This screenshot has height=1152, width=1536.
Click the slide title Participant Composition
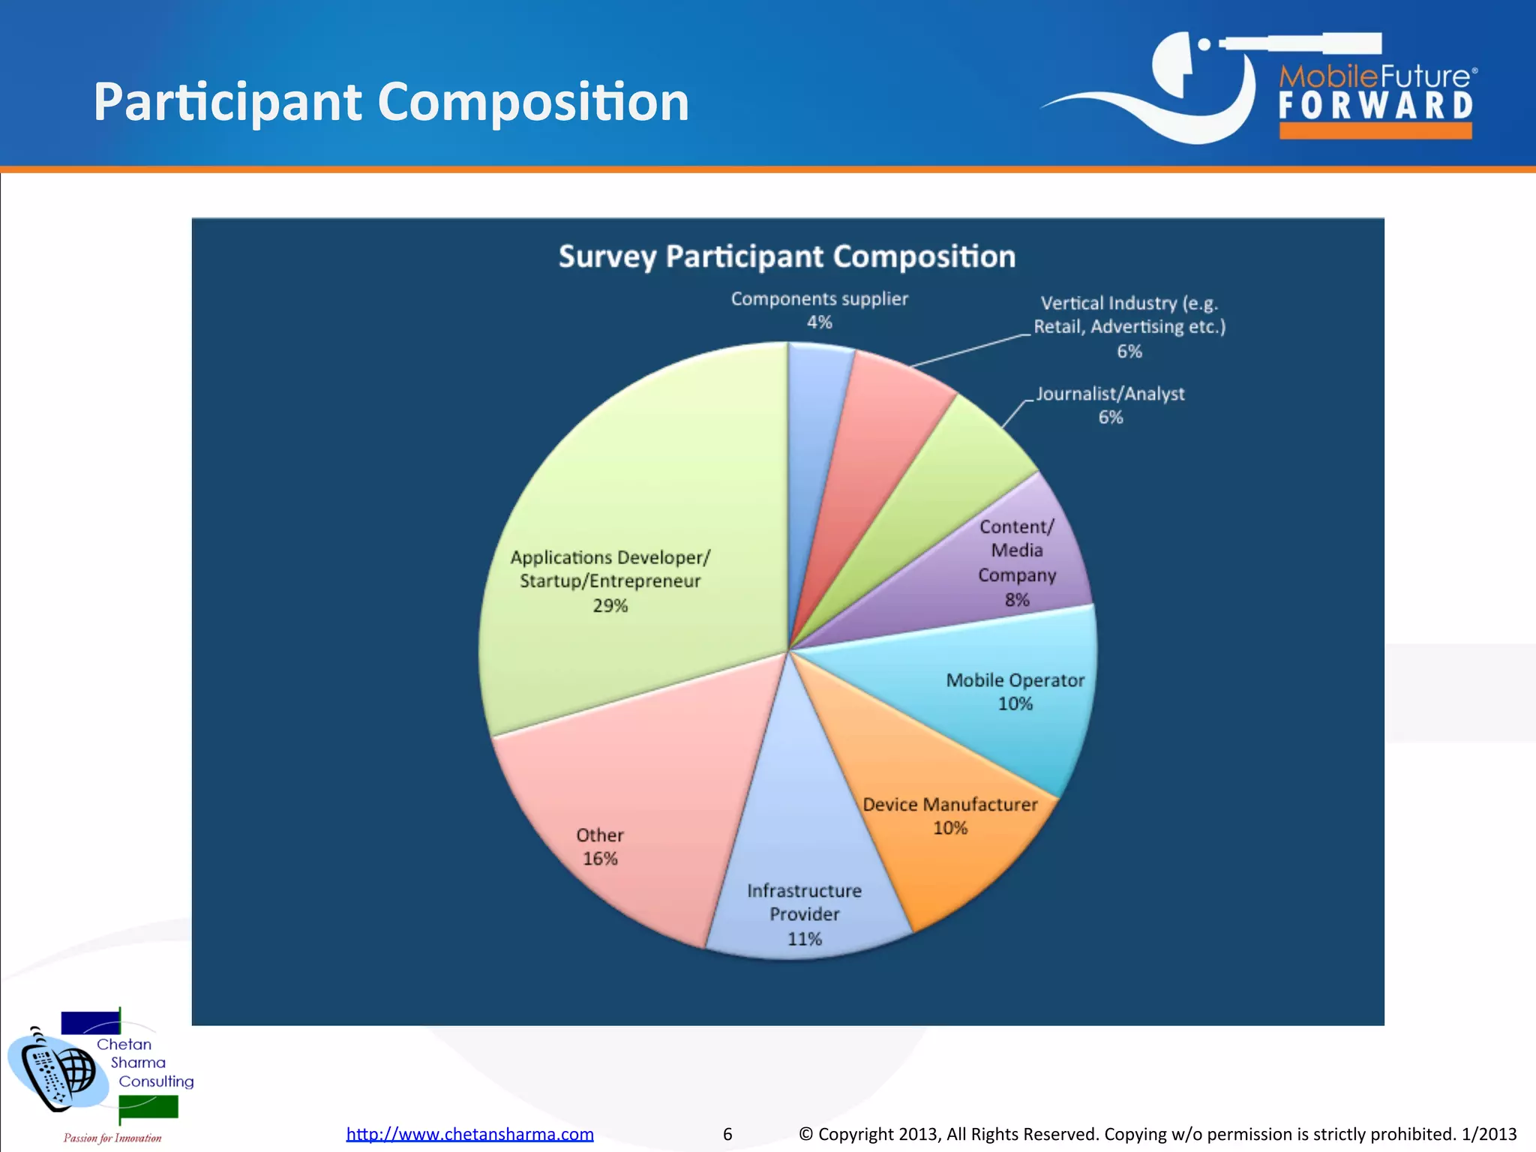tap(391, 102)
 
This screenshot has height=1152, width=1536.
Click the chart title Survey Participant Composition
tap(787, 256)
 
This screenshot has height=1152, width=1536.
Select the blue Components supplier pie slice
tap(814, 420)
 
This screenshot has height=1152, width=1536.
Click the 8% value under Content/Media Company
tap(1017, 600)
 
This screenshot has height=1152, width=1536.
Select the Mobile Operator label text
tap(1015, 680)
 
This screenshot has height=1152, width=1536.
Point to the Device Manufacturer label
tap(949, 805)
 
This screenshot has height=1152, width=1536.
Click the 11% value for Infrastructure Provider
tap(804, 939)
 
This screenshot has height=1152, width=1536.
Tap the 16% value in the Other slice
tap(600, 859)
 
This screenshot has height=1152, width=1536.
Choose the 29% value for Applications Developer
tap(610, 606)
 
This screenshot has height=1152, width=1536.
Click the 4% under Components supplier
tap(819, 322)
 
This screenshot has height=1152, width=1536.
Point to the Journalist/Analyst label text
tap(1110, 394)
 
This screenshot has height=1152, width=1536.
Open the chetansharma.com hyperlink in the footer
tap(469, 1134)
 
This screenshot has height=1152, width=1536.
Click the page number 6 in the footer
tap(727, 1134)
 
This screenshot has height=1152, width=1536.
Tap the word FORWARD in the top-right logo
tap(1375, 106)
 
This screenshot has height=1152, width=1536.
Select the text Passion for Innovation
tap(112, 1138)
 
